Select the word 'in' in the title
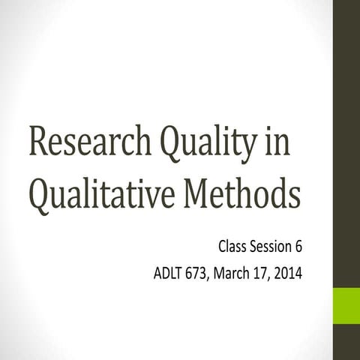tap(279, 142)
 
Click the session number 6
tap(298, 245)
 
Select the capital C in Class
tap(223, 245)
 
